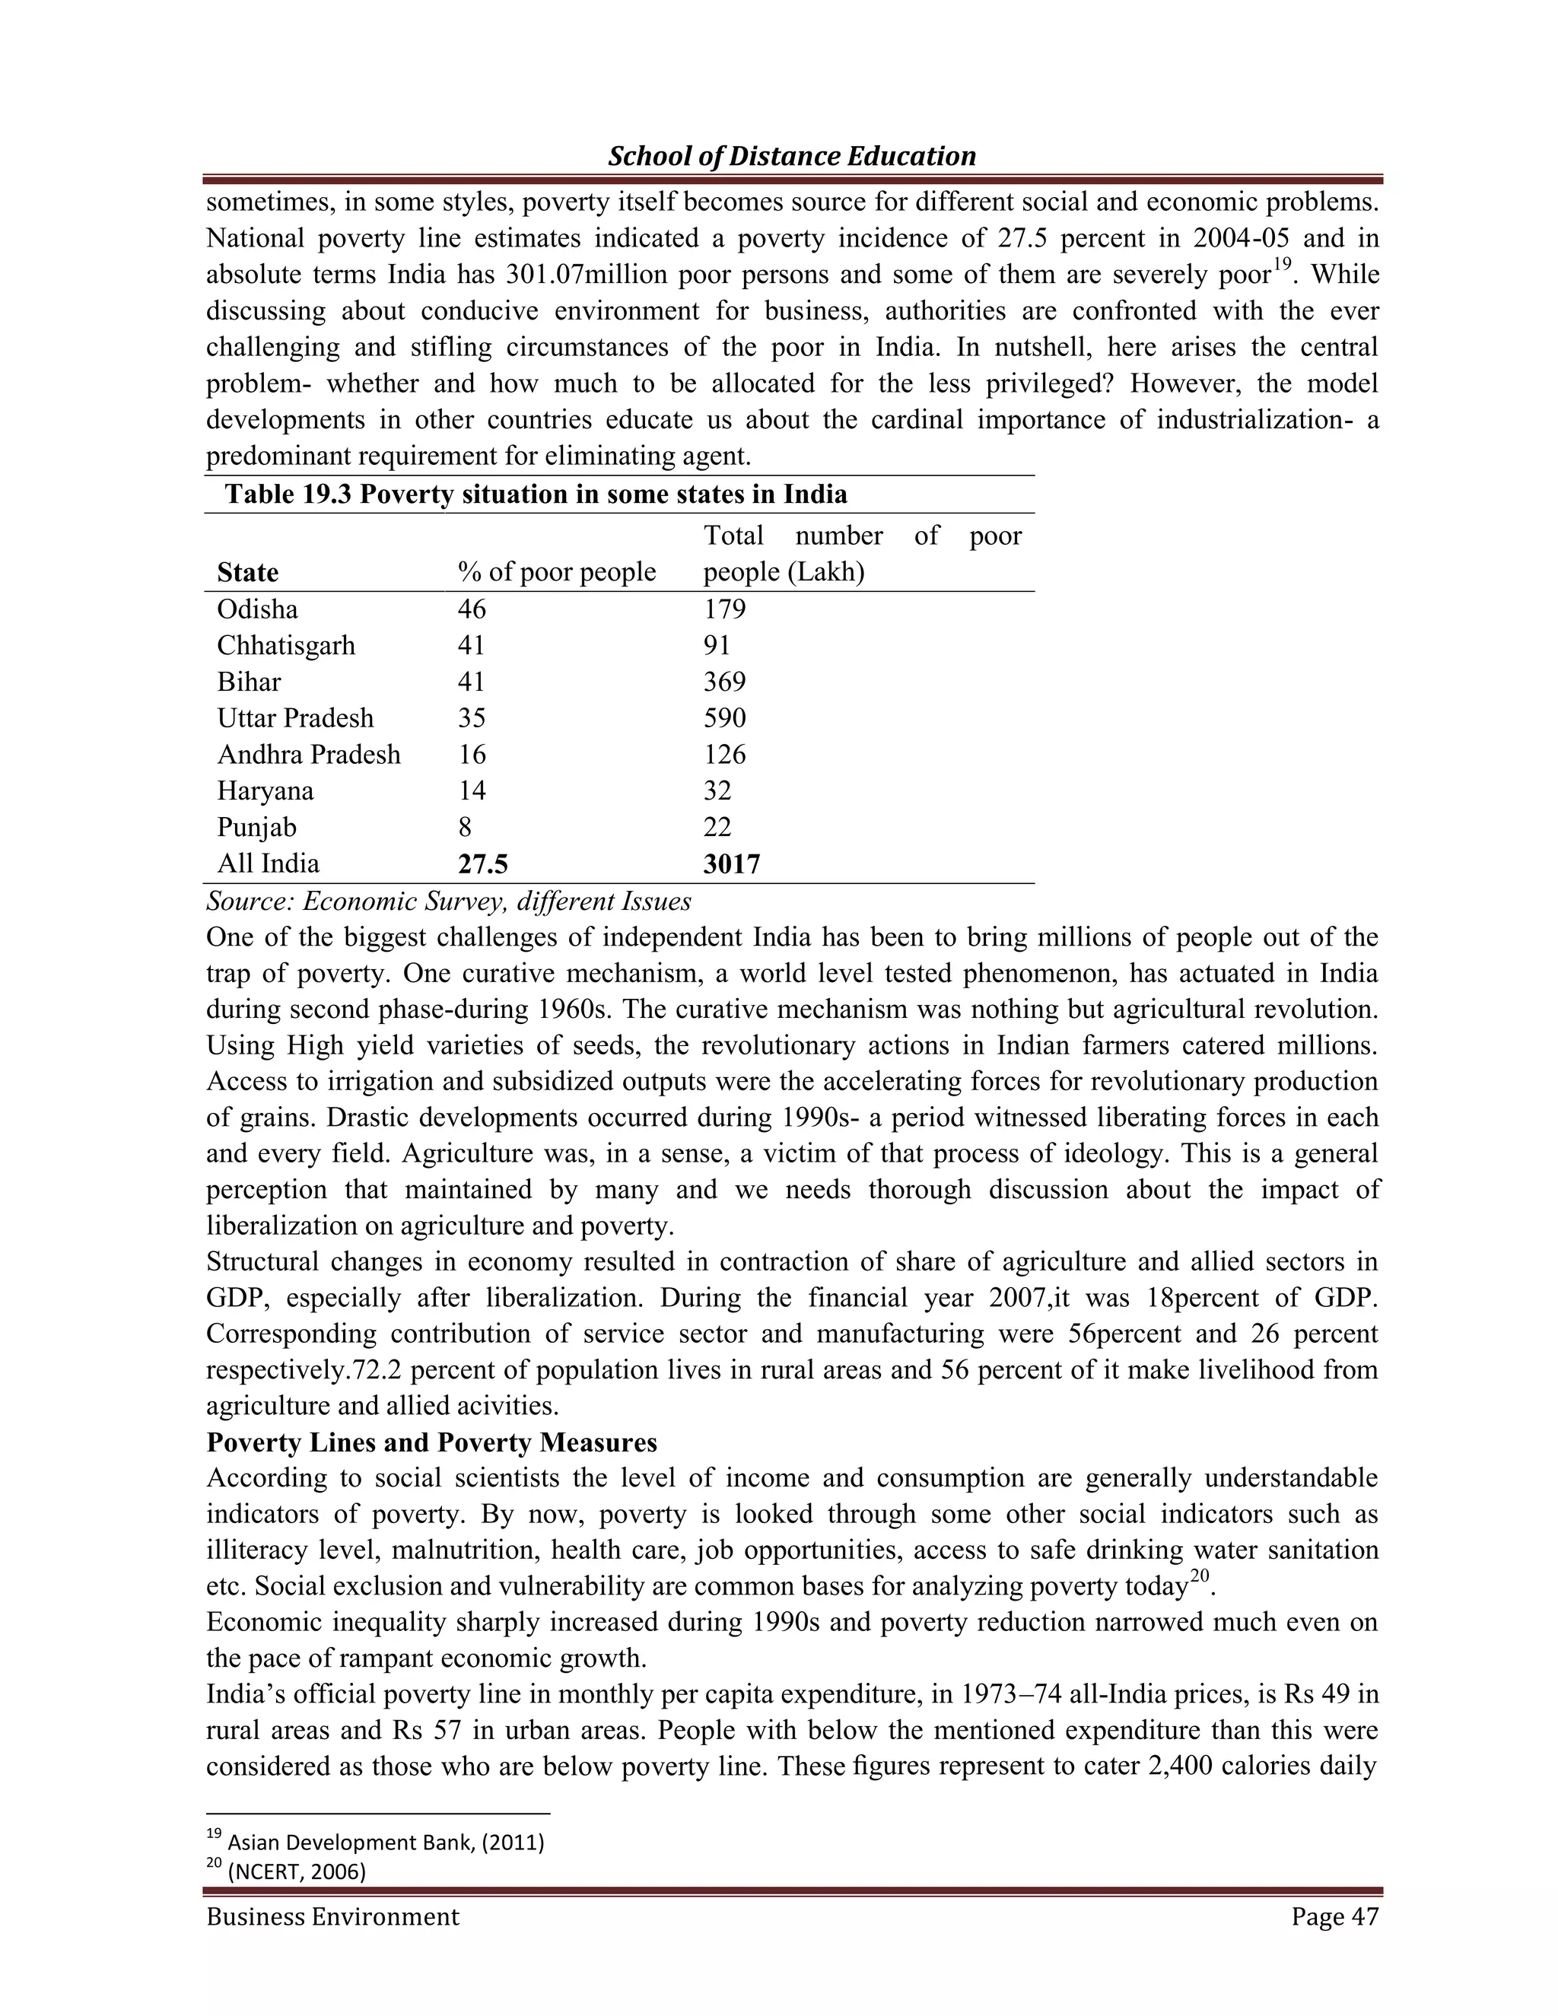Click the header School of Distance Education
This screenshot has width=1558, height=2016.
(791, 156)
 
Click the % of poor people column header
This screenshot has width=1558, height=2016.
(557, 572)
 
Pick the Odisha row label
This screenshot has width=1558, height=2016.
(258, 609)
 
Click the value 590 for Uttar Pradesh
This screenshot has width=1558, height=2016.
(724, 718)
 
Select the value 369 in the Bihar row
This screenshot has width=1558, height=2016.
(724, 682)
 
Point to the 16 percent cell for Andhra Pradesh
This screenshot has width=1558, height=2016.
(472, 755)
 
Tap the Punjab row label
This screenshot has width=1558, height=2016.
(256, 827)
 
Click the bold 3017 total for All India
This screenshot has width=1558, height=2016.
(732, 864)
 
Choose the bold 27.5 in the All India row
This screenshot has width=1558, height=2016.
(483, 864)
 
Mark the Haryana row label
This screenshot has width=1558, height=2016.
(265, 791)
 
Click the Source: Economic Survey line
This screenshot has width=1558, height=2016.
(449, 901)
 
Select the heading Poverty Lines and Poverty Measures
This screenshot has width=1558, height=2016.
(432, 1442)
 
